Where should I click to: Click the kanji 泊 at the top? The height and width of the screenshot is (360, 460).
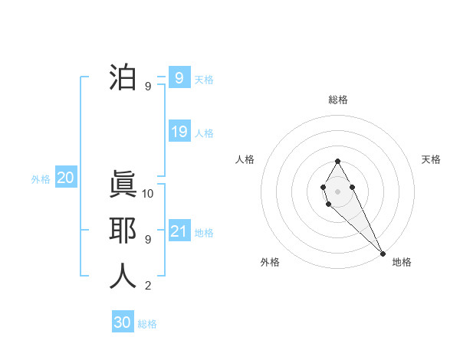(123, 78)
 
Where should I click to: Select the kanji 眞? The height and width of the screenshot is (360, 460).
(123, 185)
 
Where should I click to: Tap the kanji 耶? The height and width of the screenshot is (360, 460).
(123, 231)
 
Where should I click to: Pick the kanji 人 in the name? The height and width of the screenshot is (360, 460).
(123, 277)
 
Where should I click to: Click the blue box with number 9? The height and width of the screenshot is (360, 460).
(179, 77)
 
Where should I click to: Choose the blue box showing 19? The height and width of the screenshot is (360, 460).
(179, 132)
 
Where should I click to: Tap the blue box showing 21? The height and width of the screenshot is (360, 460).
(179, 231)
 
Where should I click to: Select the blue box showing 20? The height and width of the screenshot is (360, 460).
(66, 178)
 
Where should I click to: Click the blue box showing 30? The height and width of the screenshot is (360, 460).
(123, 322)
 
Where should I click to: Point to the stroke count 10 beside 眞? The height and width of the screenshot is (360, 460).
(148, 194)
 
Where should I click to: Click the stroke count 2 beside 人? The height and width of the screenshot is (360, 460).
(147, 286)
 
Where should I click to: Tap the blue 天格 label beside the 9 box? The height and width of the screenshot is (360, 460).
(204, 79)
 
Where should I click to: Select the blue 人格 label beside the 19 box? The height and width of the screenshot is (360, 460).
(204, 133)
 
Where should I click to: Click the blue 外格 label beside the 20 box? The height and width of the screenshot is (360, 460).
(41, 179)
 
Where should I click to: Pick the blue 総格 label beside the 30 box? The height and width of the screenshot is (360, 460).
(147, 324)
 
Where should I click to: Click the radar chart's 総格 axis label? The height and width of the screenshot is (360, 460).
(337, 100)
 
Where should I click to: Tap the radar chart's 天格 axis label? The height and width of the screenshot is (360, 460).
(431, 159)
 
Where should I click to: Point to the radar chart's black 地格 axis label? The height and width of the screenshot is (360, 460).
(402, 262)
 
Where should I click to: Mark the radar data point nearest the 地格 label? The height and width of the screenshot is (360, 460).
(383, 253)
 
